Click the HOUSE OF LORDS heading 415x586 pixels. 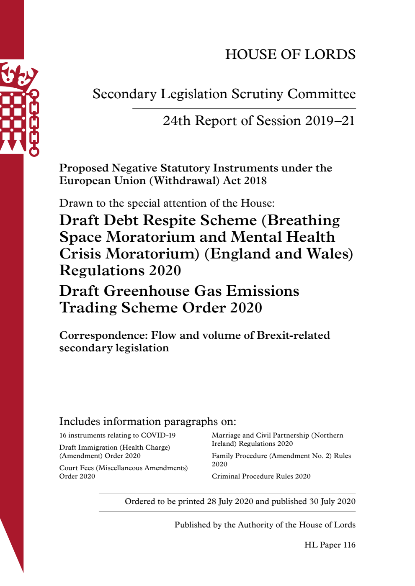coord(290,54)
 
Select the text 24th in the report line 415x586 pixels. coord(176,121)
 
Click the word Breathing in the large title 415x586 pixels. coord(303,220)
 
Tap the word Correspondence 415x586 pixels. coord(103,335)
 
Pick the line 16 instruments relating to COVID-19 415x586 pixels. coord(117,435)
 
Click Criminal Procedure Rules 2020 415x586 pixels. coord(261,476)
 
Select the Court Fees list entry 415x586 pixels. coord(123,472)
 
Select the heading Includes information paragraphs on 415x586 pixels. coord(147,422)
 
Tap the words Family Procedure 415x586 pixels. coord(239,456)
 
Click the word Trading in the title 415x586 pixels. coord(88,308)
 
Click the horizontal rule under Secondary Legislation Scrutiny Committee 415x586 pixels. coord(244,109)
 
